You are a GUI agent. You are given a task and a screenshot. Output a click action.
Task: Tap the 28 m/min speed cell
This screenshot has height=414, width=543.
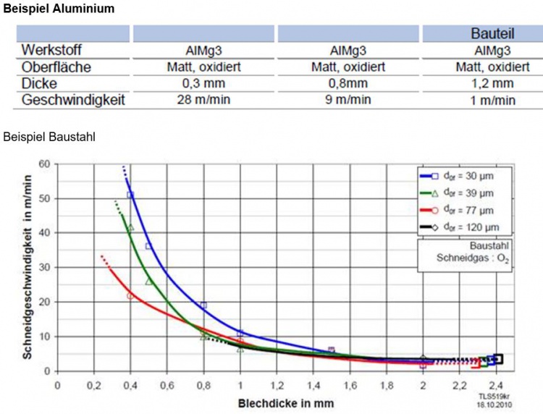pyautogui.click(x=203, y=100)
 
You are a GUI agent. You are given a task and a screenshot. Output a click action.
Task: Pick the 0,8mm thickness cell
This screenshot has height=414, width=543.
pyautogui.click(x=348, y=83)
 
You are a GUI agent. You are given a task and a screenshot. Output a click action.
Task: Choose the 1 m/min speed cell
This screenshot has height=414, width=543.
pyautogui.click(x=492, y=100)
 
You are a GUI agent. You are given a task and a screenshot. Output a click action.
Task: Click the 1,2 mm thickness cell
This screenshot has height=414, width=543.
pyautogui.click(x=492, y=83)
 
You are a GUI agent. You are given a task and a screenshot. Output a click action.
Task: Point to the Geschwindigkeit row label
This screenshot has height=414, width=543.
pyautogui.click(x=73, y=100)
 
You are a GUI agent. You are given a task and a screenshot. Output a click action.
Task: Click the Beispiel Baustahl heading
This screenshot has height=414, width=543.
pyautogui.click(x=50, y=136)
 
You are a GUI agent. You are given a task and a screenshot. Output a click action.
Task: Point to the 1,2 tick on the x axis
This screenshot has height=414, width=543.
pyautogui.click(x=276, y=384)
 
